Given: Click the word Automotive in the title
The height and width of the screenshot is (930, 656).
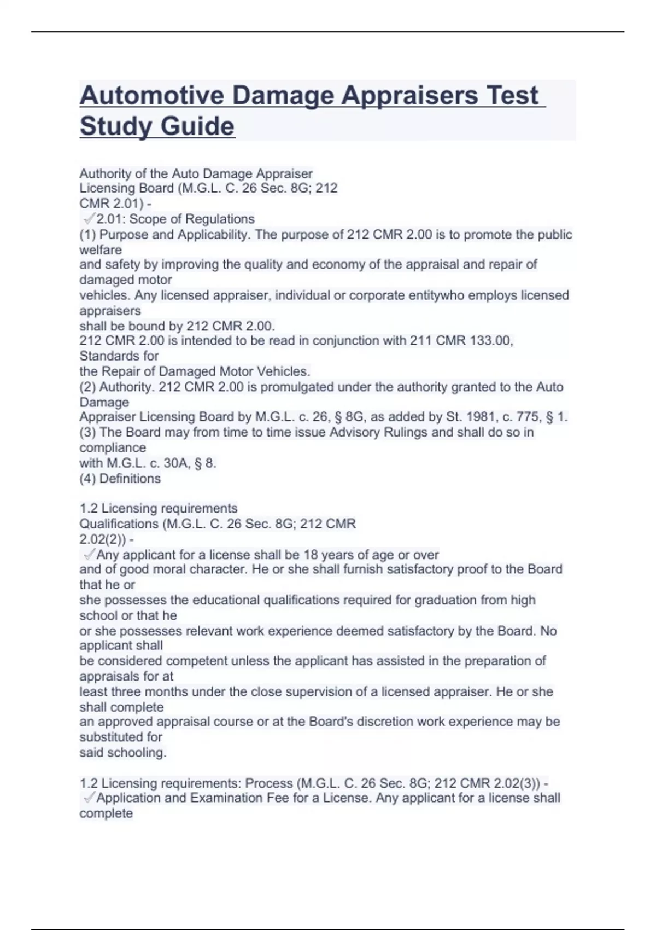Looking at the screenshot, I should tap(152, 96).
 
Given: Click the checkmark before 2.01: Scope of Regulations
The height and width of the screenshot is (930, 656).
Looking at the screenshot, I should tap(89, 219).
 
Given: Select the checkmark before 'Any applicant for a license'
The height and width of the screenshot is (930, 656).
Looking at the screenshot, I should tap(89, 555).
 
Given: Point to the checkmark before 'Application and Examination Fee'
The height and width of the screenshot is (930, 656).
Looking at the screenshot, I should tap(89, 798).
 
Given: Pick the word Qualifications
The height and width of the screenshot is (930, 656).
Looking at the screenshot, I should tap(119, 524).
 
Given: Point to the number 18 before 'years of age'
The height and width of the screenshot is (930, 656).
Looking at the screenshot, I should tap(311, 555).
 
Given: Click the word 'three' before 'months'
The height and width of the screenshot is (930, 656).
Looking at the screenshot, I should tap(126, 691).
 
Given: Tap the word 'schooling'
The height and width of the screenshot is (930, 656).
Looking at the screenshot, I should tap(137, 753).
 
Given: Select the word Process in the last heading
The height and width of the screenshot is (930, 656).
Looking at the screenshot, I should tap(268, 783).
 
